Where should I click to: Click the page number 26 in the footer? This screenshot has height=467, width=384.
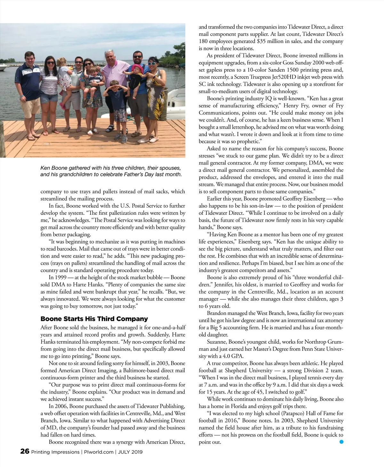[25, 451]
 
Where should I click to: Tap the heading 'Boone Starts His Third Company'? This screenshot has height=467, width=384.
[94, 319]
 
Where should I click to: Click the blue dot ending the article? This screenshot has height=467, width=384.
[341, 442]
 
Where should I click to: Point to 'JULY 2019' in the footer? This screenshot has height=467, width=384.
[130, 452]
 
